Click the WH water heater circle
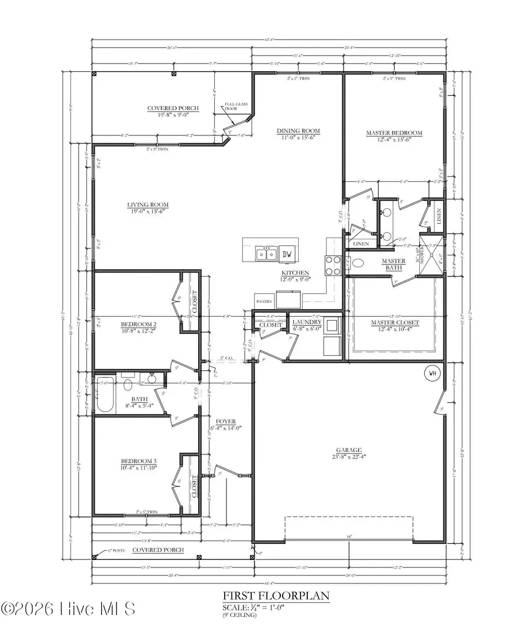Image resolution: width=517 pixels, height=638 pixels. (433, 374)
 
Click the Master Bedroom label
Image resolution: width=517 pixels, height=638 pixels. (394, 133)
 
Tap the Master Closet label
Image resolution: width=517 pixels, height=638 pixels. (394, 323)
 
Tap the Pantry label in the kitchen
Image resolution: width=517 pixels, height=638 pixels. (264, 300)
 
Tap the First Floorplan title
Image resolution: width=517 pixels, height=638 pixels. (276, 596)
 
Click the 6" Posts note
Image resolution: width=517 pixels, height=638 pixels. (118, 550)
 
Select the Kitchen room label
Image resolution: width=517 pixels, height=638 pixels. (295, 273)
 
